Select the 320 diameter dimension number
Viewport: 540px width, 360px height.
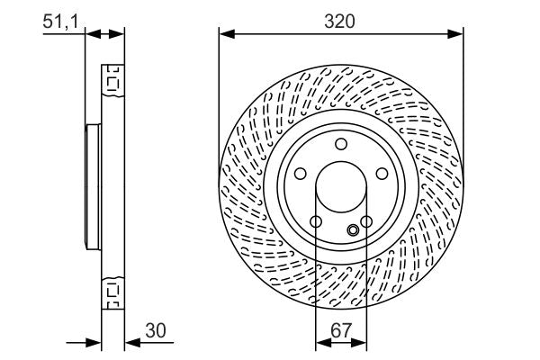[340, 21]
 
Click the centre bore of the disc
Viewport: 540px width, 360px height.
[340, 190]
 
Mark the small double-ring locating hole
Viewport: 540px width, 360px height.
[353, 231]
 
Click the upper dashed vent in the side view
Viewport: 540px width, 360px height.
[113, 81]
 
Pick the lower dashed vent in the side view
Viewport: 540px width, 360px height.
[113, 291]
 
